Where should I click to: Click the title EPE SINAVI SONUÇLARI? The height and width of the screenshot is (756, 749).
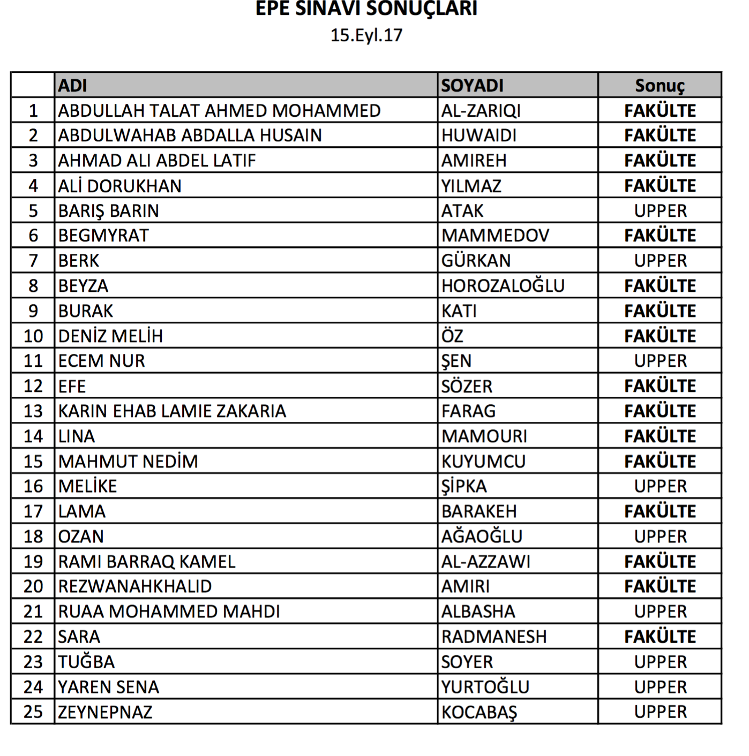point(366,9)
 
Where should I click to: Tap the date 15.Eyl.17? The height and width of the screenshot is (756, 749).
point(366,35)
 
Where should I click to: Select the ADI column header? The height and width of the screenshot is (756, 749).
point(73,86)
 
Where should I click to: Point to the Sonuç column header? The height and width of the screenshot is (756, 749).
point(660,86)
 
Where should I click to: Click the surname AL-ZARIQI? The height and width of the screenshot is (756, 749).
point(481,111)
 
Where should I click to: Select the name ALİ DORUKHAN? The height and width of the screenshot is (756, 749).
point(120,186)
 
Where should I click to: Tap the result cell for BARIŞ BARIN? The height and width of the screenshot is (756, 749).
point(660,211)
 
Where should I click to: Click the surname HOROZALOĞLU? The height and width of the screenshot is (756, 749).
point(503,286)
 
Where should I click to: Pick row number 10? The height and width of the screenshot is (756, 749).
point(33,336)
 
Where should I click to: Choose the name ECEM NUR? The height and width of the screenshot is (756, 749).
point(102,361)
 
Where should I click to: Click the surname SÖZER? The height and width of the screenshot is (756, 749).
point(467,386)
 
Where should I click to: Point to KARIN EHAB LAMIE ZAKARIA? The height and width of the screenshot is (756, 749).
point(172,411)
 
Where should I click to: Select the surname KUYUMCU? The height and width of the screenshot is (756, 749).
point(483,462)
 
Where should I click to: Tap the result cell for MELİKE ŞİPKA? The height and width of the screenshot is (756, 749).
point(660,486)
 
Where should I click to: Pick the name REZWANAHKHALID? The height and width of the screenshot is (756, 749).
point(135,586)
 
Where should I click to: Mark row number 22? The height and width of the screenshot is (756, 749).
point(33,637)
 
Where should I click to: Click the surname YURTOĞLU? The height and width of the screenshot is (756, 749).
point(485,687)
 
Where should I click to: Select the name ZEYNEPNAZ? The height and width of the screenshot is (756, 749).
point(106,712)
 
